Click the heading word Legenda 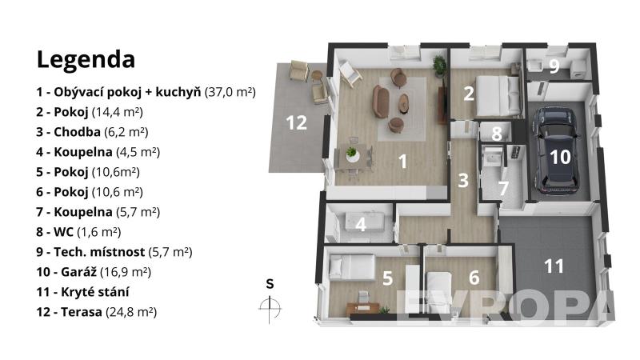click(x=86, y=60)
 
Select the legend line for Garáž click(x=94, y=272)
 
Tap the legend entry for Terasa click(x=96, y=312)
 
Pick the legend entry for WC click(x=78, y=232)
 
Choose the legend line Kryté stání click(x=82, y=292)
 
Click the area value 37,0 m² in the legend click(x=230, y=92)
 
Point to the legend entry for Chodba click(x=92, y=132)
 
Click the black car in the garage click(x=557, y=150)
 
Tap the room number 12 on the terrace click(x=296, y=122)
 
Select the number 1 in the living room click(x=403, y=162)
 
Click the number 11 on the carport click(x=554, y=266)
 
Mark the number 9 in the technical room click(x=554, y=66)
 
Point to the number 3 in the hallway click(x=463, y=181)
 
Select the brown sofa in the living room click(x=381, y=102)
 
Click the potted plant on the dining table click(x=351, y=154)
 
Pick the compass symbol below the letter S click(x=270, y=308)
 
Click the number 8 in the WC click(x=496, y=133)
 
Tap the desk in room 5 click(x=363, y=307)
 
